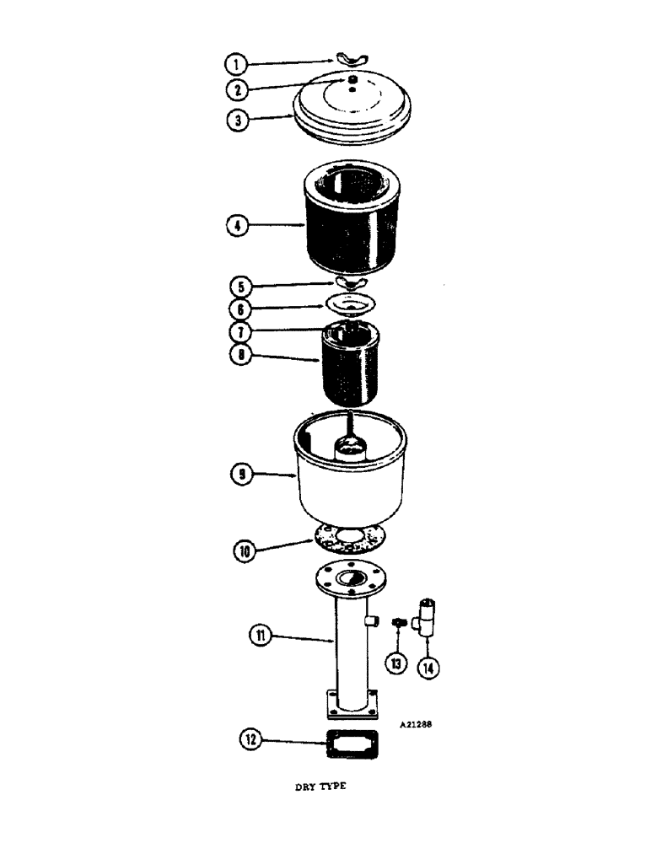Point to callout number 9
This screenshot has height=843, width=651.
(x=241, y=475)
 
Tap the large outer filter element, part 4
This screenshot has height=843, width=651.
(x=347, y=219)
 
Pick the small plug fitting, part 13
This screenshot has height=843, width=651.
(x=400, y=624)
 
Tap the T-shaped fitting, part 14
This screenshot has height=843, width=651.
(x=429, y=620)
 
